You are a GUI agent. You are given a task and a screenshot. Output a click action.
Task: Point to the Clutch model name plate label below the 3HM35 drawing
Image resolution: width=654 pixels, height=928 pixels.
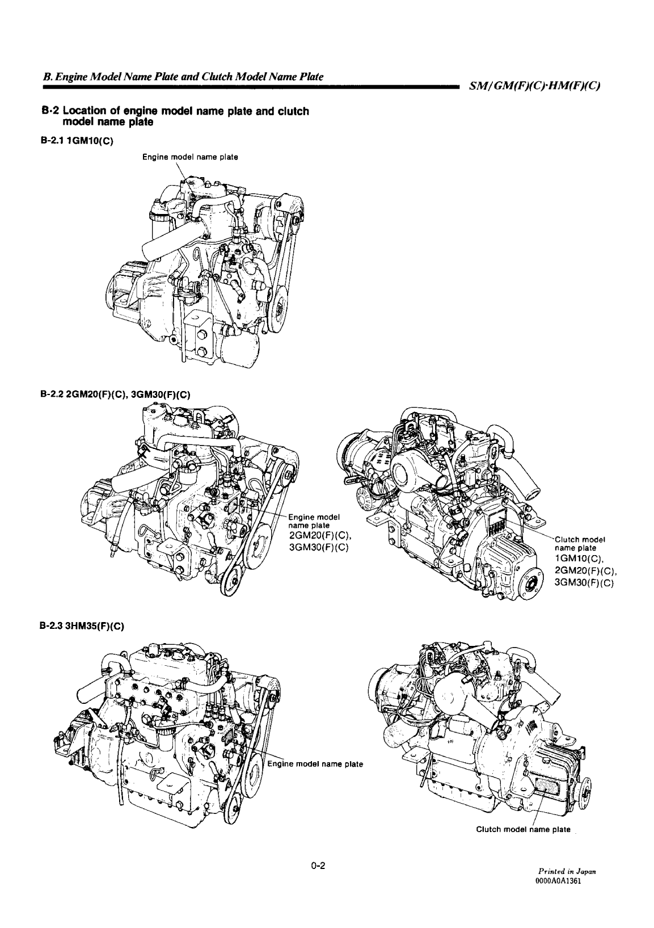(523, 830)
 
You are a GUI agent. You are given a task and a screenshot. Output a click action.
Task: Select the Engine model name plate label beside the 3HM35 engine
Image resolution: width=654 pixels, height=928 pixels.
(315, 763)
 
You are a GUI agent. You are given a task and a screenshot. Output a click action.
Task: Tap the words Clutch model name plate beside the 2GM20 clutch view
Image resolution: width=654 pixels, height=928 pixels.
(580, 543)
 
